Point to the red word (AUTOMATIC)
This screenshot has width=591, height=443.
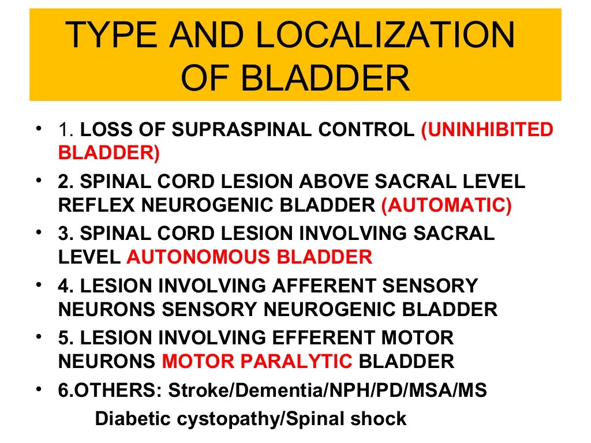click(446, 205)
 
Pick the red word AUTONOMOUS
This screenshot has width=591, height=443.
click(199, 257)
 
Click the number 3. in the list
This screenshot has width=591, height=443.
click(65, 234)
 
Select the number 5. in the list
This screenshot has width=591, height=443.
click(65, 338)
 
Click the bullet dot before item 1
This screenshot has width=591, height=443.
click(38, 127)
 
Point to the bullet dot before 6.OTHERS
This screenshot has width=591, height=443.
click(38, 388)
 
